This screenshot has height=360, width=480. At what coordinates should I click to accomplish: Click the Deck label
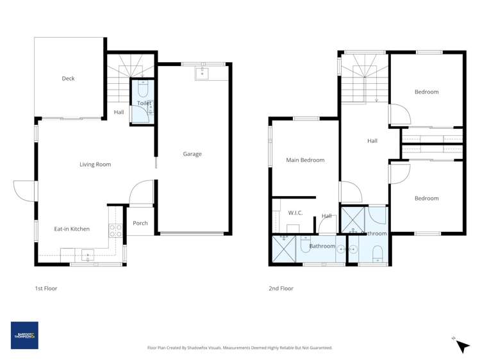point(68,79)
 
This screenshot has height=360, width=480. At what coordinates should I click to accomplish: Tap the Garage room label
point(192,154)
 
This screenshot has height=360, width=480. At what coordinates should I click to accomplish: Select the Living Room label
point(95,165)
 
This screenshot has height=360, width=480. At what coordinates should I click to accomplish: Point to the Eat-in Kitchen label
point(72,229)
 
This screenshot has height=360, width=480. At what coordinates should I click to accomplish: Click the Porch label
point(140,224)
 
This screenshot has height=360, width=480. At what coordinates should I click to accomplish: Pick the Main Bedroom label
point(305,160)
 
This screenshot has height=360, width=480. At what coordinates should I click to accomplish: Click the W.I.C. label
point(295,213)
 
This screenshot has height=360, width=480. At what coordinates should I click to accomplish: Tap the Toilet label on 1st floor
point(144,103)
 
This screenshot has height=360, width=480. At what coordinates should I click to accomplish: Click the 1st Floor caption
point(46,288)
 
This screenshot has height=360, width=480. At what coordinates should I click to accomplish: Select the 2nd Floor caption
point(281,288)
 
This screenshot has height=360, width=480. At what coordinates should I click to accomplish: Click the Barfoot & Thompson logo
point(24,335)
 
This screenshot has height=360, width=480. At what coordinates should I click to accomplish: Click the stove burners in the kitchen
point(115,231)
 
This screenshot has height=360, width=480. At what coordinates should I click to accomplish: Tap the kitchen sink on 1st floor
point(88,256)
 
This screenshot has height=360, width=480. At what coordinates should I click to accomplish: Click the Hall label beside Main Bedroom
point(326,216)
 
